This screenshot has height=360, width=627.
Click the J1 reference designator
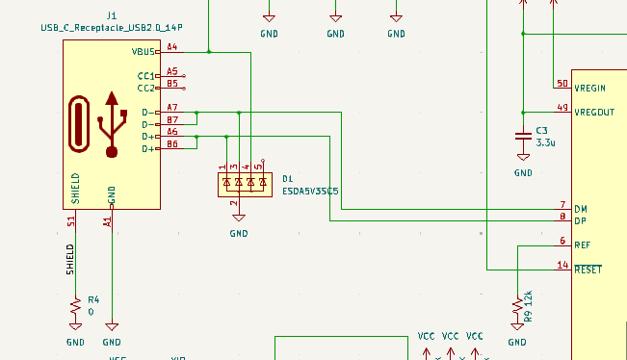(x=112, y=15)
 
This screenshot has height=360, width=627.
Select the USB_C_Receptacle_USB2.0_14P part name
(x=112, y=28)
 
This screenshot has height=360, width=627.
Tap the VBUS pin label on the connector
(x=143, y=52)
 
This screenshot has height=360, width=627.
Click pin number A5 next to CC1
(x=172, y=71)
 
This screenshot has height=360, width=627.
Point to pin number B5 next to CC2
(x=172, y=83)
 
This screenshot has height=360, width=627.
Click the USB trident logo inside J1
(x=112, y=125)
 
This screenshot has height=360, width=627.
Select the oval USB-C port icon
(x=79, y=124)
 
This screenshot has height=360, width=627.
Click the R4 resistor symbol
(x=75, y=307)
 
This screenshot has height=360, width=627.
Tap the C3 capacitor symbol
(x=523, y=136)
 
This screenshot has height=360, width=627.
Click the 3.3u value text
(x=545, y=142)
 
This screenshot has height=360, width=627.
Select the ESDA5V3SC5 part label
(x=310, y=192)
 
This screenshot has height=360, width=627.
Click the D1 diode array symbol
(x=246, y=185)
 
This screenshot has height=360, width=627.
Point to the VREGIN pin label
(x=589, y=88)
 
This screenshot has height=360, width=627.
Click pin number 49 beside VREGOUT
(x=562, y=108)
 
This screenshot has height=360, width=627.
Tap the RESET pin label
(x=588, y=270)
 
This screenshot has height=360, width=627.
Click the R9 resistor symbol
(x=517, y=307)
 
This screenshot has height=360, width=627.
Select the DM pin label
(x=581, y=209)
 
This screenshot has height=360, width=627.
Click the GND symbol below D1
(x=239, y=218)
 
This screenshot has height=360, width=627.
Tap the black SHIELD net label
(x=70, y=260)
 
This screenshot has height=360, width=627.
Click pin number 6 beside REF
(x=562, y=241)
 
